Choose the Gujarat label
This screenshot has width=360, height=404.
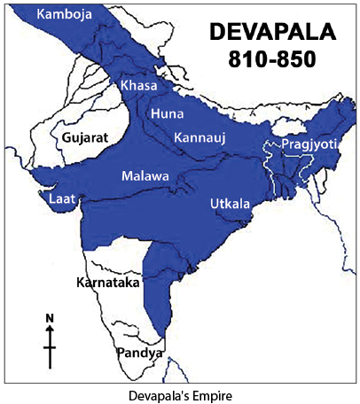(x=84, y=138)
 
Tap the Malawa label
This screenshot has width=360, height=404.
(x=145, y=176)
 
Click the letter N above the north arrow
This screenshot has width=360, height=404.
(x=50, y=317)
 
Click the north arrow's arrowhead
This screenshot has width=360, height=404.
(x=50, y=329)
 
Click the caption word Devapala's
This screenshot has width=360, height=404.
(x=158, y=390)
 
